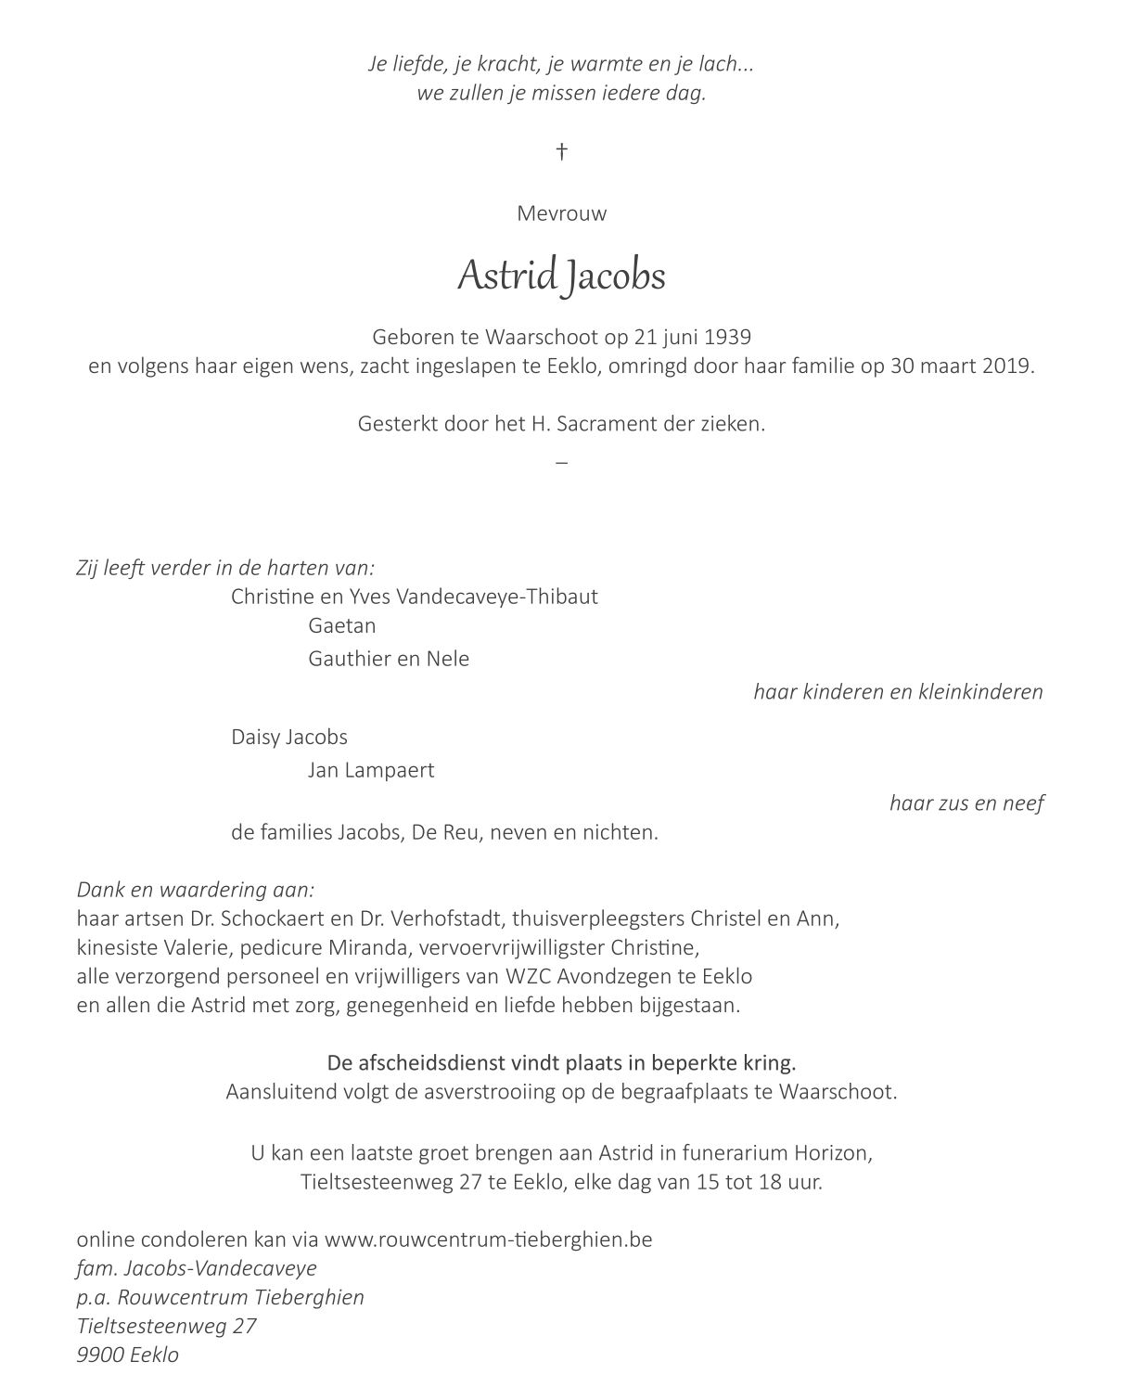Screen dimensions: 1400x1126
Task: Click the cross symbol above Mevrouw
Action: pyautogui.click(x=561, y=151)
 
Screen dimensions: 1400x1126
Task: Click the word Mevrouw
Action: pyautogui.click(x=561, y=213)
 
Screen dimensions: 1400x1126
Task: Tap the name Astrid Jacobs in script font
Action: pyautogui.click(x=561, y=276)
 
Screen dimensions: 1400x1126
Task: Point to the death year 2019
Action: pyautogui.click(x=1008, y=366)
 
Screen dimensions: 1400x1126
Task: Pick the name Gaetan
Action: pyautogui.click(x=341, y=625)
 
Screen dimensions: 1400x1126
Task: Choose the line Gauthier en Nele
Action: pyautogui.click(x=389, y=659)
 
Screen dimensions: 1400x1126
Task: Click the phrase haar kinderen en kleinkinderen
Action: pyautogui.click(x=898, y=691)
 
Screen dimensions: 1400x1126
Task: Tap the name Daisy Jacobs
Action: pyautogui.click(x=289, y=737)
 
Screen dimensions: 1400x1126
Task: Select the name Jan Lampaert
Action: pyautogui.click(x=371, y=770)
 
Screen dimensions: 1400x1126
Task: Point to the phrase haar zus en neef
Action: pyautogui.click(x=966, y=803)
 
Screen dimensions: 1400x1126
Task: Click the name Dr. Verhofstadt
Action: pyautogui.click(x=429, y=918)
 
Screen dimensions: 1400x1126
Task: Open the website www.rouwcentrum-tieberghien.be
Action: pyautogui.click(x=489, y=1239)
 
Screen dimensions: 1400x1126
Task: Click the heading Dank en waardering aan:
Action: pyautogui.click(x=196, y=890)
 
